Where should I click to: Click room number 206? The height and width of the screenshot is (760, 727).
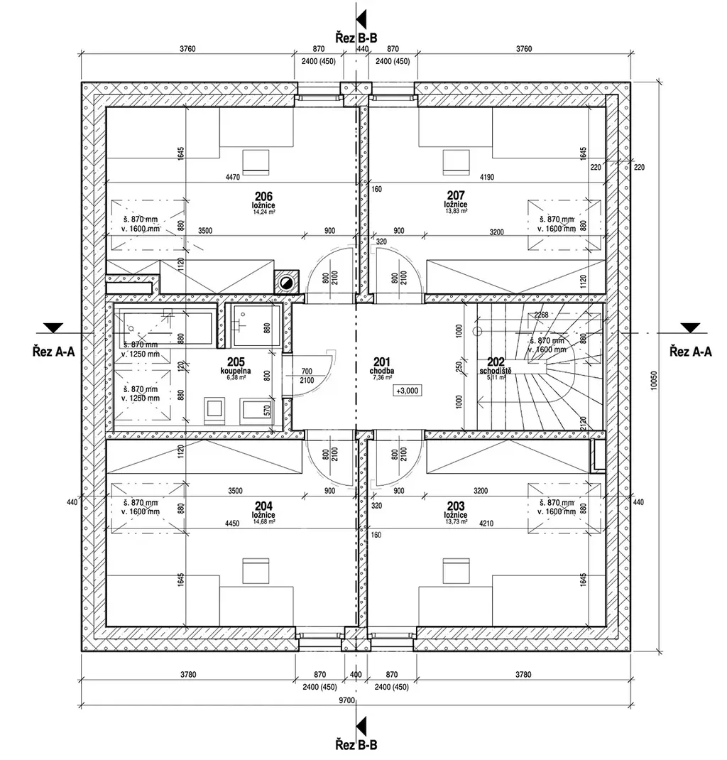(x=264, y=195)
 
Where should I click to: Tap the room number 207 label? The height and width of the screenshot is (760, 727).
(x=456, y=195)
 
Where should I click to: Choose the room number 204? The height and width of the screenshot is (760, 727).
(x=263, y=506)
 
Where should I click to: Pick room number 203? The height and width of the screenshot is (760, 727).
(x=454, y=506)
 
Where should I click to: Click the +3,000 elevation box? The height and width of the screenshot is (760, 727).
(x=408, y=391)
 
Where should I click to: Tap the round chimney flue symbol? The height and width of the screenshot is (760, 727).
(x=286, y=283)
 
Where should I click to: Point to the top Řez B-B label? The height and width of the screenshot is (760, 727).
(x=358, y=37)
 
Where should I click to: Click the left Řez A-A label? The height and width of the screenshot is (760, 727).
(x=53, y=349)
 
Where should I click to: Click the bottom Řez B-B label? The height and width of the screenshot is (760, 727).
(x=356, y=745)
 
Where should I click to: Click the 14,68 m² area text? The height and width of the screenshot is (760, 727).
(x=263, y=521)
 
